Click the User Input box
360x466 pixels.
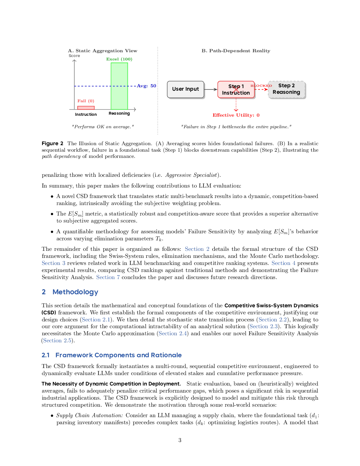point(186,89)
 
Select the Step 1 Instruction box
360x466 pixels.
point(236,90)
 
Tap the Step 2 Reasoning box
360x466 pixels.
point(286,89)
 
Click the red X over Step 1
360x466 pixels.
point(236,90)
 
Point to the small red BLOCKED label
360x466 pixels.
point(261,86)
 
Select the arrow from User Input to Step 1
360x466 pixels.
point(211,89)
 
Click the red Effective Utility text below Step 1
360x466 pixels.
point(236,115)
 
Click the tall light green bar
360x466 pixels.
point(119,86)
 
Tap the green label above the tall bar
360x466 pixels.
point(119,59)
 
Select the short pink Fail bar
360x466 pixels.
point(86,108)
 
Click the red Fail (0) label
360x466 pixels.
point(86,101)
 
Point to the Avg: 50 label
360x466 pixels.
point(146,86)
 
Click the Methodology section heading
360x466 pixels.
point(75,292)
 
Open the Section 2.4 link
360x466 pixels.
point(173,334)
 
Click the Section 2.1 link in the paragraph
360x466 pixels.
point(96,320)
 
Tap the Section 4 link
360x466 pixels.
point(283,263)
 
